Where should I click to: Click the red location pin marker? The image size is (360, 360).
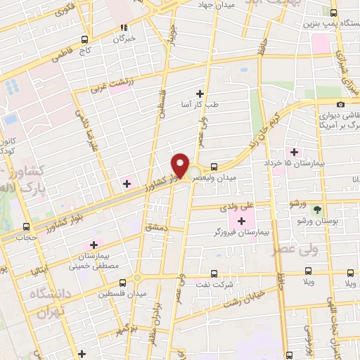click(x=181, y=166)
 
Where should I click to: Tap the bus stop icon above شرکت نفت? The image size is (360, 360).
click(x=214, y=275)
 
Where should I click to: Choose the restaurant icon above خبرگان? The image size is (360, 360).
click(x=124, y=28)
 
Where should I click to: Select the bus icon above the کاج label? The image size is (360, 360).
click(x=84, y=39)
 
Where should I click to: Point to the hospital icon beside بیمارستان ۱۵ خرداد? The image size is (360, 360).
click(x=293, y=153)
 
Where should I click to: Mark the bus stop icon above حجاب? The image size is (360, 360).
click(x=27, y=227)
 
